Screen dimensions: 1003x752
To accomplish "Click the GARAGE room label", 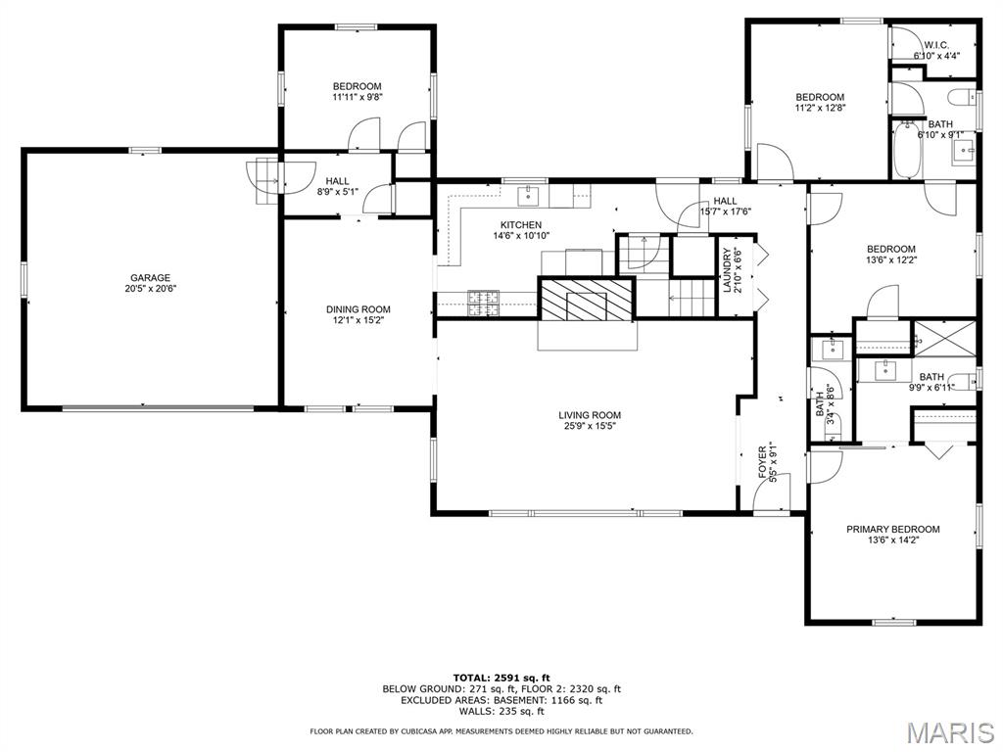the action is [150, 277].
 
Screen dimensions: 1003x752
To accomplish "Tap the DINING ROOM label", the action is [358, 309].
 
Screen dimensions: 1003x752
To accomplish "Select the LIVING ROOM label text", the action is [590, 415].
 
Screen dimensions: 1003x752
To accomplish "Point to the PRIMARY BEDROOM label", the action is [893, 529].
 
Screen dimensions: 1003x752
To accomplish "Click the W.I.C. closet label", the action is [936, 45].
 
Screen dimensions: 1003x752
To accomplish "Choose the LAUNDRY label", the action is [727, 270].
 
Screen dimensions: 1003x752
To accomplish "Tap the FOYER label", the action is [762, 462].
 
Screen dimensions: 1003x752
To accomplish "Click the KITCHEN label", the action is [521, 225].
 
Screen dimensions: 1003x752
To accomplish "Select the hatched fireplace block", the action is [587, 299].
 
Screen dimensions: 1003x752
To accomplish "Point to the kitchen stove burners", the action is [484, 304].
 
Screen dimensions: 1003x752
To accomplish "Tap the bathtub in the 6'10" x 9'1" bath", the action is [907, 150].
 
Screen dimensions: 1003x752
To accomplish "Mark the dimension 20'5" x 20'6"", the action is [150, 289].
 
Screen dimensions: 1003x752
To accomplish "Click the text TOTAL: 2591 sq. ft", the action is [501, 678].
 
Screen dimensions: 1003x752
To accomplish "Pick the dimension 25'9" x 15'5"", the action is [590, 426].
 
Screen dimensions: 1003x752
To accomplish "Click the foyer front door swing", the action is [772, 492].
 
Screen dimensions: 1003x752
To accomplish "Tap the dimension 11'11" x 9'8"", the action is [357, 97].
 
